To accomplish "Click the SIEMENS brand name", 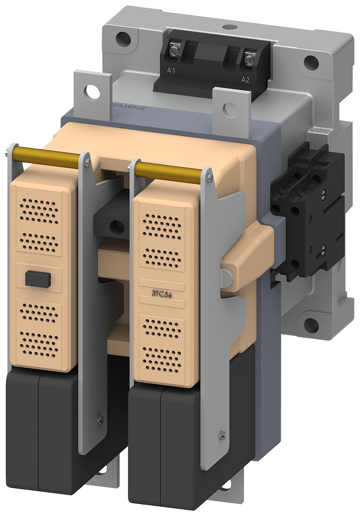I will pyautogui.click(x=129, y=105).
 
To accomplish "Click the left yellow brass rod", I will pyautogui.click(x=43, y=155).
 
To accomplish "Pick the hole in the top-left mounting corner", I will pyautogui.click(x=122, y=37).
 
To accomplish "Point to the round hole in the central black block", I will pyautogui.click(x=116, y=224).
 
